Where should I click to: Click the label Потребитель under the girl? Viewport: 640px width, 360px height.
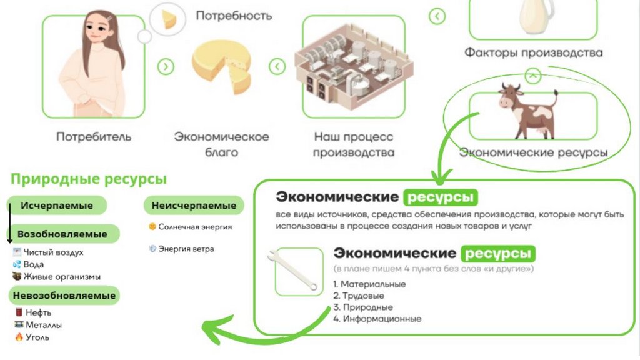(x=94, y=136)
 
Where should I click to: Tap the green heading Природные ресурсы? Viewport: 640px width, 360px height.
(x=89, y=179)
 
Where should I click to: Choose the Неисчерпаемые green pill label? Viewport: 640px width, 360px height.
(x=194, y=206)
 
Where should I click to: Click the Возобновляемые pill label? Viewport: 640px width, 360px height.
(x=62, y=234)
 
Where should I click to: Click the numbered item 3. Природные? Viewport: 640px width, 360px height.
(x=363, y=307)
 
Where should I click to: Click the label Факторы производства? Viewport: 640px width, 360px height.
(x=533, y=52)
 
